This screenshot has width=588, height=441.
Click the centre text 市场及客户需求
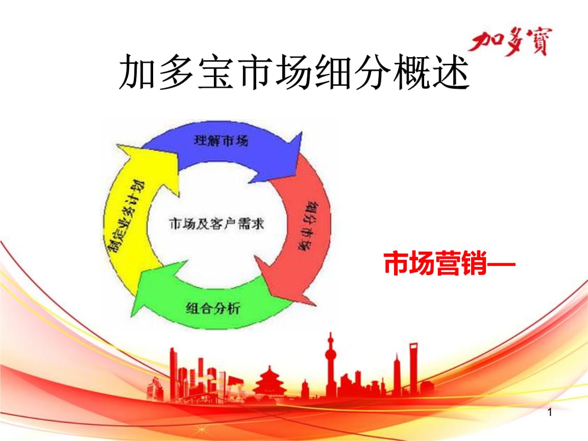tap(216, 224)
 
